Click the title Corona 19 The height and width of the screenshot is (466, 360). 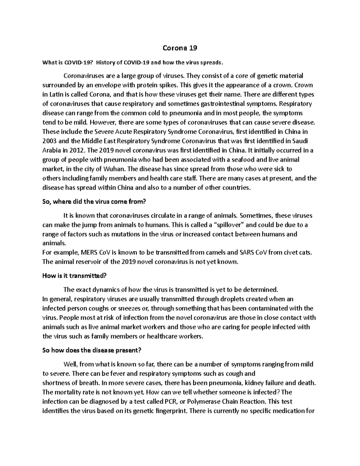click(180, 48)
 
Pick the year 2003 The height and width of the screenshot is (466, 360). click(49, 141)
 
